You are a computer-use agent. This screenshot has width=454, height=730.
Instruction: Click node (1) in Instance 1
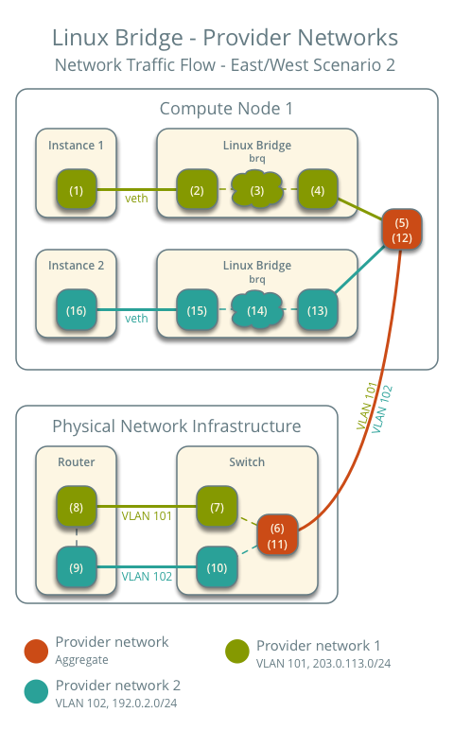pyautogui.click(x=77, y=190)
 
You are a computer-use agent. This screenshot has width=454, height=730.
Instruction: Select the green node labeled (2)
pyautogui.click(x=197, y=190)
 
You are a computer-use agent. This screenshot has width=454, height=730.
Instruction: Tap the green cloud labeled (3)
pyautogui.click(x=256, y=190)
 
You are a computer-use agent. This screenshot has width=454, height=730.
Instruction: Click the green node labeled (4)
pyautogui.click(x=317, y=190)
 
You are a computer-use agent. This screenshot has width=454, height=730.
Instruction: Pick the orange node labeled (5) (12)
pyautogui.click(x=400, y=231)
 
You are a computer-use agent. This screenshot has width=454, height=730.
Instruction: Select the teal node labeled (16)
pyautogui.click(x=77, y=310)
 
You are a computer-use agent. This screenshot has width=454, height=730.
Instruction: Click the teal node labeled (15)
pyautogui.click(x=197, y=310)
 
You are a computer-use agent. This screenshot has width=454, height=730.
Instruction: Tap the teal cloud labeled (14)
pyautogui.click(x=256, y=310)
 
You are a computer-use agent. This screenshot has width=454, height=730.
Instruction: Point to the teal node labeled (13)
pyautogui.click(x=317, y=310)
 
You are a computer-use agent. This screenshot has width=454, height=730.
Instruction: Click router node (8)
pyautogui.click(x=77, y=507)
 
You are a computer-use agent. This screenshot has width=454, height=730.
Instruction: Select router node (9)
pyautogui.click(x=77, y=568)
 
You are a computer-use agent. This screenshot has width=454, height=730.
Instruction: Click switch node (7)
pyautogui.click(x=217, y=507)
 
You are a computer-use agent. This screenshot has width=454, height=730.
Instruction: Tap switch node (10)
pyautogui.click(x=217, y=568)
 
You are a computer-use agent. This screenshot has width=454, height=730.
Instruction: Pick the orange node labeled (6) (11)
pyautogui.click(x=277, y=536)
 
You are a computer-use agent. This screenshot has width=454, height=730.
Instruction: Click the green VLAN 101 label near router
pyautogui.click(x=147, y=516)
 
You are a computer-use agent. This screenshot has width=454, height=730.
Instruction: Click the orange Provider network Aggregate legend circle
pyautogui.click(x=35, y=650)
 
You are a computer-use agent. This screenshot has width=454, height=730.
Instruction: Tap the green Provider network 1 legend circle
pyautogui.click(x=236, y=652)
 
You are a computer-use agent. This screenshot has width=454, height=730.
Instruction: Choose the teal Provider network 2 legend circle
pyautogui.click(x=35, y=692)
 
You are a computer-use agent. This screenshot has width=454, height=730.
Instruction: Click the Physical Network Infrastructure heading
pyautogui.click(x=176, y=426)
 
